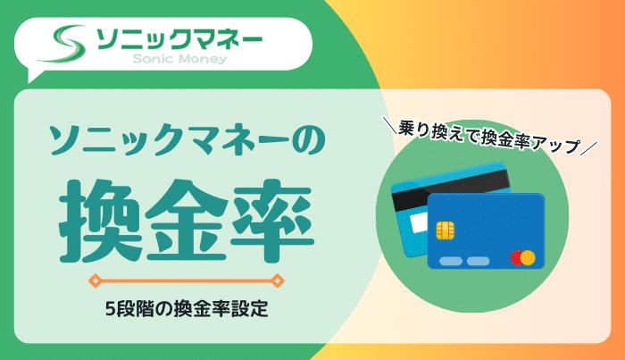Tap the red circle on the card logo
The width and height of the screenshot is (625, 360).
tap(516, 258)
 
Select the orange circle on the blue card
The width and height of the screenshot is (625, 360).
tap(527, 258)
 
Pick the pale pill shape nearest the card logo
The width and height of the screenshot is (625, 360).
tap(479, 261)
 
